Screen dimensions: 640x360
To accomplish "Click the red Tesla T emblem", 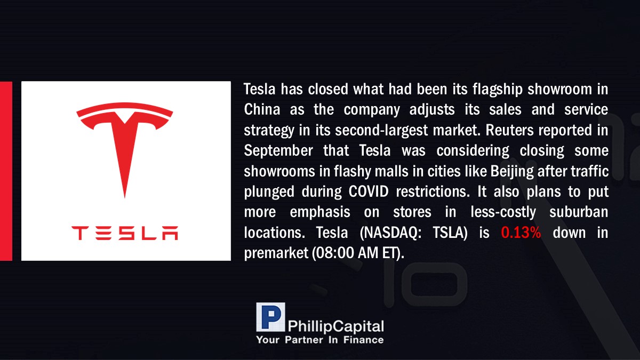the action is coord(125,143).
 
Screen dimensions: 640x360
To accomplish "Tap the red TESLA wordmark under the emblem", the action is coord(125,233).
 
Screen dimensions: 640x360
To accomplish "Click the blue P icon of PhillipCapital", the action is coord(270,317).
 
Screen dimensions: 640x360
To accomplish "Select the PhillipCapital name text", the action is coord(335,326).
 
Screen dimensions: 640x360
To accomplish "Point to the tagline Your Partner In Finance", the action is coord(319,340).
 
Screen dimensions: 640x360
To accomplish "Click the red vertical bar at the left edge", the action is coord(6,171).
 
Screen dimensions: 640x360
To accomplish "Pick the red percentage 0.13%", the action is coord(521,233).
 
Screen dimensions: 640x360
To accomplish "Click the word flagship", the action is coord(498,90).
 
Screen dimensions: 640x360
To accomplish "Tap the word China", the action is coord(262,110).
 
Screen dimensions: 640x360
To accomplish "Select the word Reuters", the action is coord(509,130).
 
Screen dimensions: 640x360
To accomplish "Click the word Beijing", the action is coord(511,172).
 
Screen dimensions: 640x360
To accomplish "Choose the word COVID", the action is coord(369,191).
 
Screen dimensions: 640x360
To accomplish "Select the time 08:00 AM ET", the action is coord(357,253).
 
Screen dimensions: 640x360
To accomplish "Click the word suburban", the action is coord(579,212).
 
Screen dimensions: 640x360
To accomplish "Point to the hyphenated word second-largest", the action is coord(381,131).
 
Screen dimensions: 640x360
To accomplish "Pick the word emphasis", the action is coord(320,213).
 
